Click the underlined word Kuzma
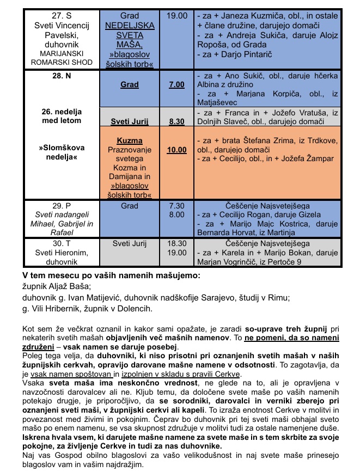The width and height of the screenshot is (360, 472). pyautogui.click(x=130, y=140)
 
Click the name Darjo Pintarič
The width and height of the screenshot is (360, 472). pyautogui.click(x=243, y=55)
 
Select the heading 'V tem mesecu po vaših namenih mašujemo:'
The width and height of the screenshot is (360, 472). pyautogui.click(x=111, y=275)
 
